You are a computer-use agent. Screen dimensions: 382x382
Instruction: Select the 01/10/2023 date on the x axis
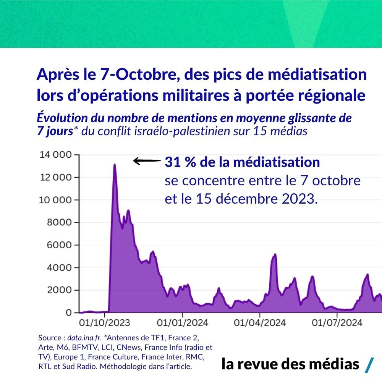pos(104,323)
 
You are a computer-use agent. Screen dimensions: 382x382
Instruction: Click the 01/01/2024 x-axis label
pos(183,323)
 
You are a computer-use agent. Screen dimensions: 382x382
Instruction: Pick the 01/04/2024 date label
pos(260,323)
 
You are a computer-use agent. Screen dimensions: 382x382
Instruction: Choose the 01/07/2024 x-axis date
pos(337,323)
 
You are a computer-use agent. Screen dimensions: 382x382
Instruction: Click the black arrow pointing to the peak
pos(146,162)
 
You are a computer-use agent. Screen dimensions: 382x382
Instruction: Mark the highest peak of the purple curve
pos(115,165)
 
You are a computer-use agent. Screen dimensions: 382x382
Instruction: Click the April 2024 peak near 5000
pos(275,254)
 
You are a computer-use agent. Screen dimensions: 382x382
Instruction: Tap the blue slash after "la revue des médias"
pos(369,365)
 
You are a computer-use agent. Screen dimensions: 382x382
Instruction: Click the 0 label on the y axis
pos(69,313)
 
